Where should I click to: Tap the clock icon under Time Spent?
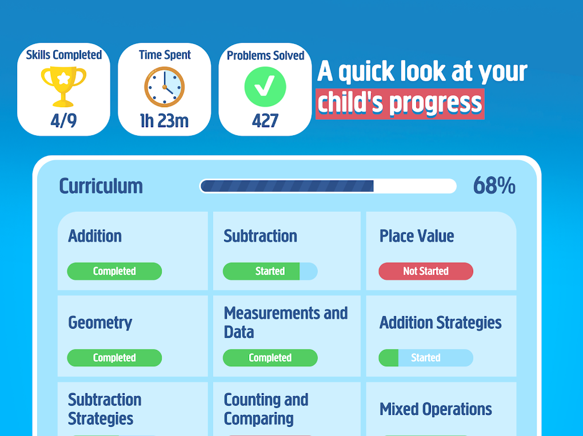(165, 87)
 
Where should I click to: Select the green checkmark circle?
(265, 87)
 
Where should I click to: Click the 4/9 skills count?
(63, 120)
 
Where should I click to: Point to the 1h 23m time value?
(165, 120)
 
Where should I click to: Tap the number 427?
(265, 120)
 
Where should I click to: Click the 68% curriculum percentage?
(494, 185)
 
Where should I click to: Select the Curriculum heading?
(101, 186)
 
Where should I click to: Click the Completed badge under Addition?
(114, 271)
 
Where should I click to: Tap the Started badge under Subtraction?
(270, 271)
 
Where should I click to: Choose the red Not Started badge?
(426, 271)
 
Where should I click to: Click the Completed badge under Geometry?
(114, 358)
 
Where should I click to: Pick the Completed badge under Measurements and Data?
(270, 358)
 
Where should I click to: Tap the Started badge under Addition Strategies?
(426, 358)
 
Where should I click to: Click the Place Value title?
(417, 236)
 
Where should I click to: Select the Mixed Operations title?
(436, 409)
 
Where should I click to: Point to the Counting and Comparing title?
(266, 409)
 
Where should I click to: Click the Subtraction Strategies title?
(105, 409)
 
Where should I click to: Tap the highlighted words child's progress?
(400, 104)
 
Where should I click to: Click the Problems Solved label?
(265, 56)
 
